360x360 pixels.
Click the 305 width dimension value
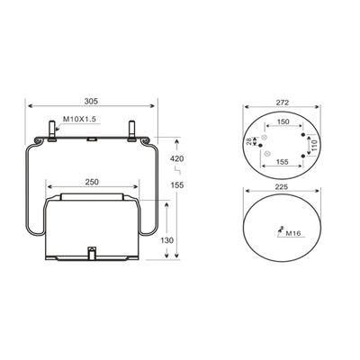[x=91, y=102]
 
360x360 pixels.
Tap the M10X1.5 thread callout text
[x=79, y=119]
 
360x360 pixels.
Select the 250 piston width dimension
[x=92, y=182]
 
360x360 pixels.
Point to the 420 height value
[x=177, y=158]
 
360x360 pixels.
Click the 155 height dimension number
[x=177, y=185]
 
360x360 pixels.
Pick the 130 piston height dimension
[x=166, y=240]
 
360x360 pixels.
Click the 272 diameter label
[x=283, y=103]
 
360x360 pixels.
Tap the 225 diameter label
[x=282, y=187]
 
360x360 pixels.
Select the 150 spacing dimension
[x=283, y=121]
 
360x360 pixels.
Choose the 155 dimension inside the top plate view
[x=282, y=162]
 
